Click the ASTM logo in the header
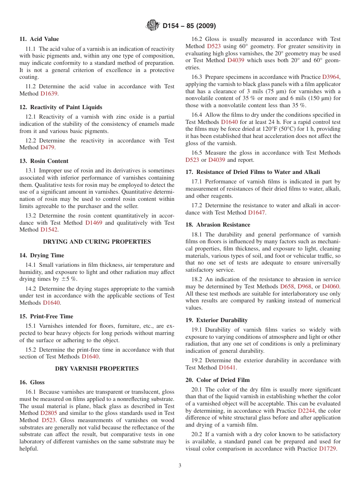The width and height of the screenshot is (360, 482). (153, 26)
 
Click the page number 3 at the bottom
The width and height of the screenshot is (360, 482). (180, 465)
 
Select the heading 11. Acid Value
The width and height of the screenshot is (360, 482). (39, 39)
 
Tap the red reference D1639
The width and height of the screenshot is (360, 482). (49, 93)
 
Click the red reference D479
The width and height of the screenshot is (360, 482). (47, 147)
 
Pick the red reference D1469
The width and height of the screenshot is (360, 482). (94, 223)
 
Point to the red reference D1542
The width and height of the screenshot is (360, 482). (49, 230)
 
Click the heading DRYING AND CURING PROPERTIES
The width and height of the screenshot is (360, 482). (97, 242)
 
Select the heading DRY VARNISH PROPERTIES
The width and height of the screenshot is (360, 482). (97, 369)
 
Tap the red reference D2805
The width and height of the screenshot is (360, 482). (49, 413)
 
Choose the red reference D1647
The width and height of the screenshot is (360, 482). (257, 213)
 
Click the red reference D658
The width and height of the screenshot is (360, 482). (287, 286)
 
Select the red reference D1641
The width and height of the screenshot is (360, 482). (227, 368)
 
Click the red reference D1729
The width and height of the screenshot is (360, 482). (327, 449)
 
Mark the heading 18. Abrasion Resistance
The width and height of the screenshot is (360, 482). (218, 225)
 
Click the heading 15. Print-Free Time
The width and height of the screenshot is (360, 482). (46, 316)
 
